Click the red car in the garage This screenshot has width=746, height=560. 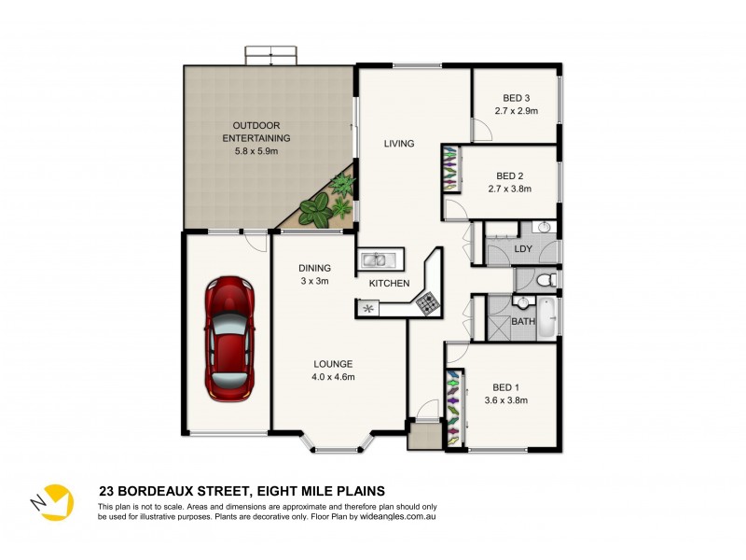click(x=229, y=338)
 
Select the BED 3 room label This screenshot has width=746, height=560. click(x=516, y=98)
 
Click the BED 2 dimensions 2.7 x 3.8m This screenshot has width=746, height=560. click(x=509, y=189)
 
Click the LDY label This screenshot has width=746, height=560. click(x=522, y=249)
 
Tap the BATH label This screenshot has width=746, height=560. click(x=522, y=322)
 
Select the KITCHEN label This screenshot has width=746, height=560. click(x=389, y=283)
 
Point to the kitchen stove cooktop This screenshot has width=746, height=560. click(x=427, y=301)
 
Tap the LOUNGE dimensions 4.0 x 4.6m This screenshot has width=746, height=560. click(x=333, y=377)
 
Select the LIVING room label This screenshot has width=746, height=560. click(x=399, y=143)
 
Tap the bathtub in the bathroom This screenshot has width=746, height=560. click(x=546, y=316)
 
